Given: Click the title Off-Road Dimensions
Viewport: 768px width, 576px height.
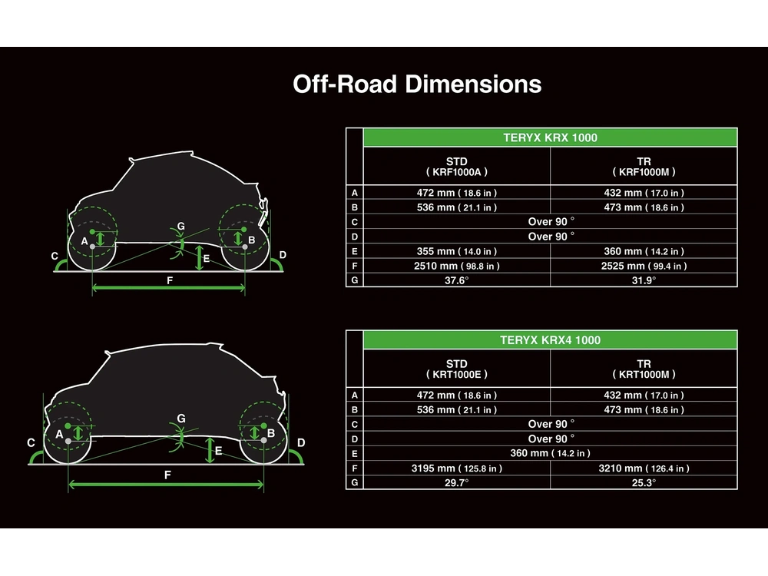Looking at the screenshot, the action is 417,84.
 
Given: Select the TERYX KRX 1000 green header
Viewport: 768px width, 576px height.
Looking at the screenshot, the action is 550,137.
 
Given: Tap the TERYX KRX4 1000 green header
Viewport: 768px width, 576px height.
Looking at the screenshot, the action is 550,340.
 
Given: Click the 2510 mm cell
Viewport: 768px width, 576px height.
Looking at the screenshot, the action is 456,266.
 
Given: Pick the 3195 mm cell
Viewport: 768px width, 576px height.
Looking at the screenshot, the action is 456,468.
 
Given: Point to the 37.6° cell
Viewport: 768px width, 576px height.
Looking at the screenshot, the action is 456,280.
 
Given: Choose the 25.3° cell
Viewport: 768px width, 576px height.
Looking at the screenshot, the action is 644,482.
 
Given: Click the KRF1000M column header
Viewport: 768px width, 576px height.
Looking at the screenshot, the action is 644,167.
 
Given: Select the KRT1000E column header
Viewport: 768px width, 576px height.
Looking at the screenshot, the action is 456,369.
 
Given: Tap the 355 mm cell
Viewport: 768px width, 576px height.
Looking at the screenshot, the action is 456,251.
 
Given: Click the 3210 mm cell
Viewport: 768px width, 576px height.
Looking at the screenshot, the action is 644,468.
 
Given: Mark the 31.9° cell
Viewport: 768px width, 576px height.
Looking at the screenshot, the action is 644,280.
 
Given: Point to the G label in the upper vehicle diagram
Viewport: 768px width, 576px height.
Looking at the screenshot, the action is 180,227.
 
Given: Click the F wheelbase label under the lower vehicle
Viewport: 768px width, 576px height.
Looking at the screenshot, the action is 167,475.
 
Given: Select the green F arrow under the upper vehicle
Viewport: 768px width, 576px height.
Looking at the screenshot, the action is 168,288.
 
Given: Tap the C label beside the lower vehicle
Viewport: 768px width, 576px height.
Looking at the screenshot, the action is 31,443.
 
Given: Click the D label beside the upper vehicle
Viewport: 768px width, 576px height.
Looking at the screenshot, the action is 283,255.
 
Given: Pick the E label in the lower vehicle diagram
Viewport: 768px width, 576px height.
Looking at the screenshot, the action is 218,451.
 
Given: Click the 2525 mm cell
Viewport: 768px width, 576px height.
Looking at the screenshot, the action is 644,266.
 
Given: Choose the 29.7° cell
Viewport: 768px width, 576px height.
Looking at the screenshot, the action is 456,482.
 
